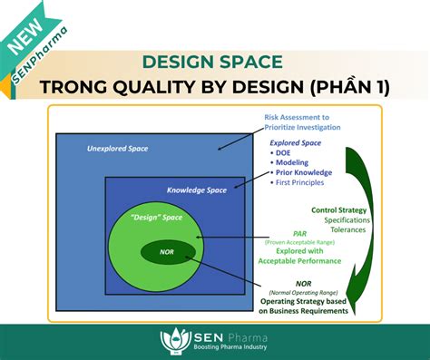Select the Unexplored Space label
[x=117, y=148]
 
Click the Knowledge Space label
[x=197, y=190]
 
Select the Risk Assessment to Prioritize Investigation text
[x=302, y=122]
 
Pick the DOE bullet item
[x=288, y=152]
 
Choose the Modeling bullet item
[x=296, y=162]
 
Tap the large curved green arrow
[x=361, y=218]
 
